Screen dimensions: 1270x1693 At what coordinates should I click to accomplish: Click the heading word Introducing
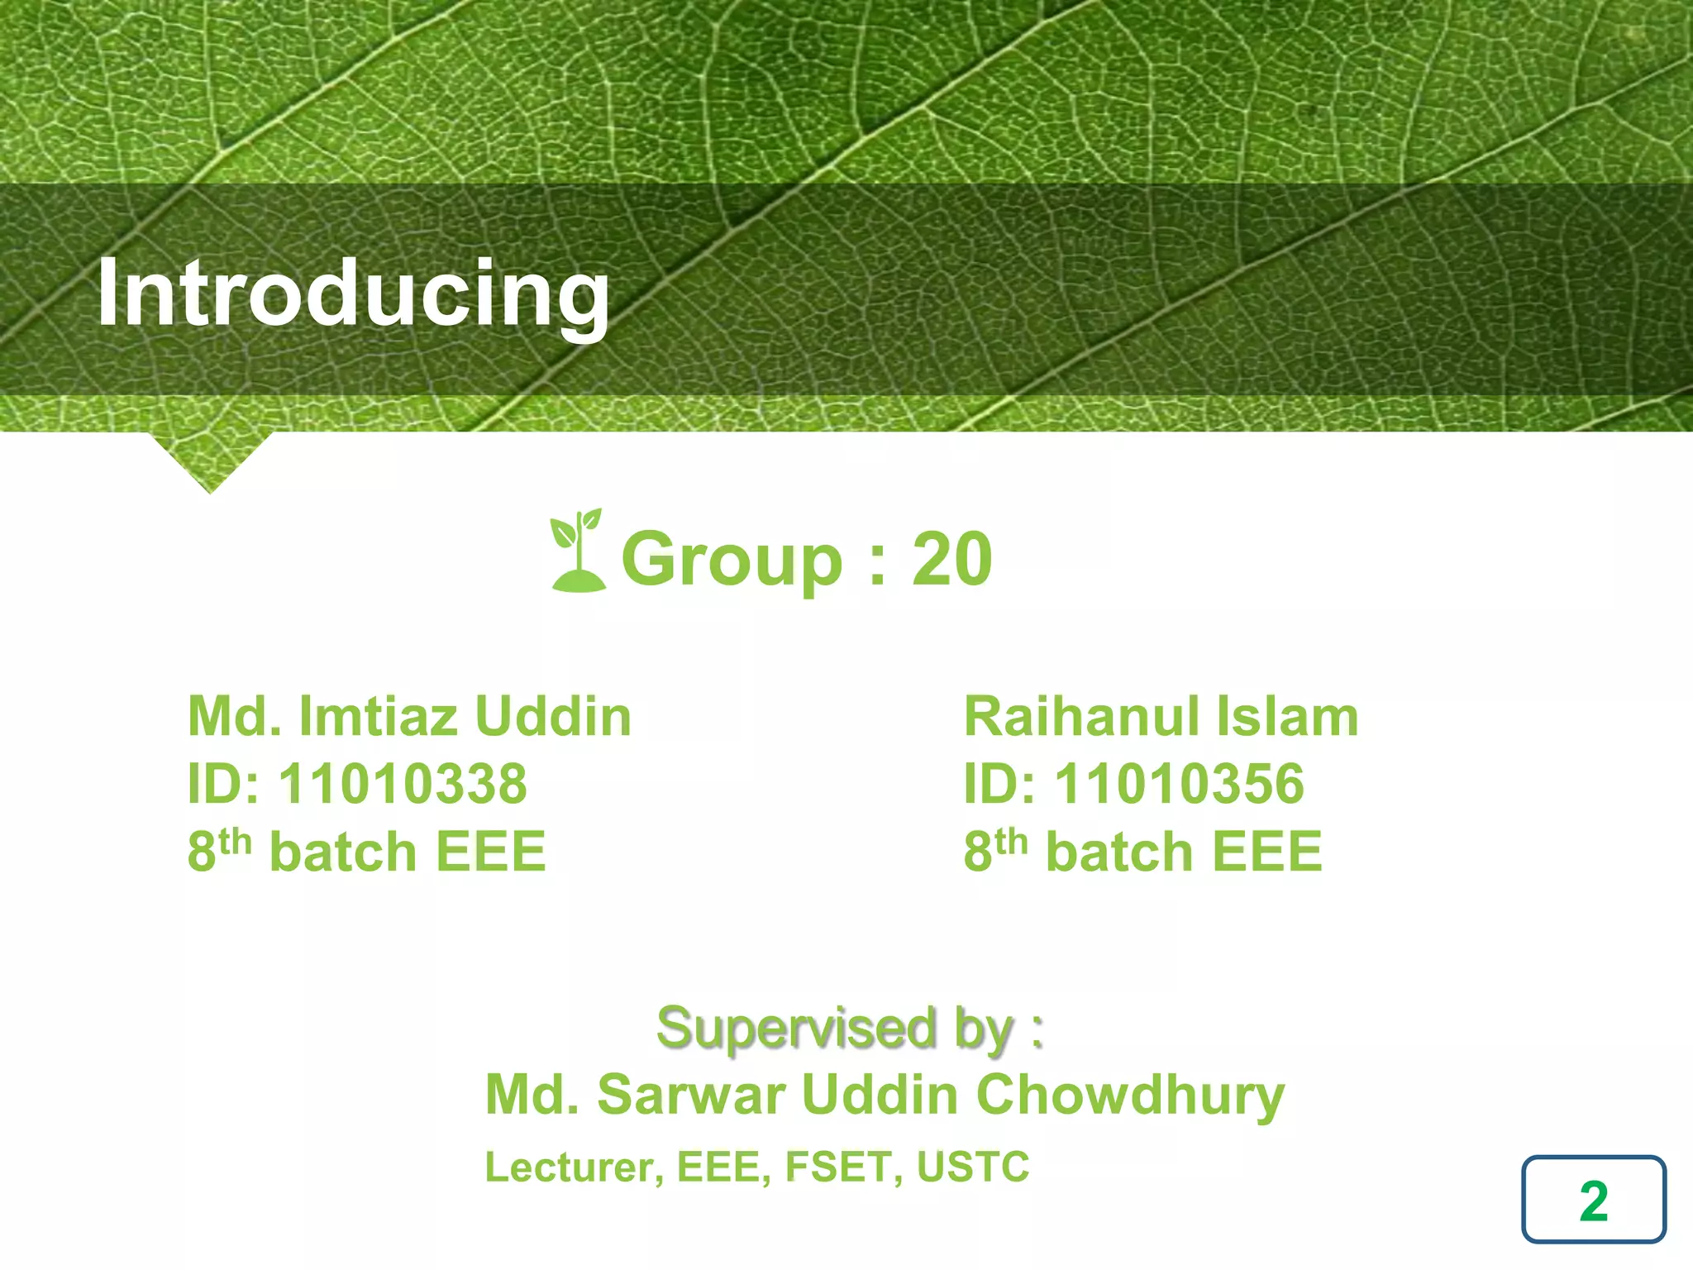[353, 294]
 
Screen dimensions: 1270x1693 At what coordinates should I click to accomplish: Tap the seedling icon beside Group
[578, 551]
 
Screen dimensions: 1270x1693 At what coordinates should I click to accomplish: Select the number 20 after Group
[951, 560]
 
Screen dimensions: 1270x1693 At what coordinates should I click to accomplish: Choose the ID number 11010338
[403, 784]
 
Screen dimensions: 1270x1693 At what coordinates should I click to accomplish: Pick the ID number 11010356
[1179, 784]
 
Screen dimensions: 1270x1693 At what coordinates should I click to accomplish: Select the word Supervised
[797, 1029]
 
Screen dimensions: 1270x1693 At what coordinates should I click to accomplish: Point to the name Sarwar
[690, 1095]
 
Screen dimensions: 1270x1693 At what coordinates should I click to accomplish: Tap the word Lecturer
[573, 1167]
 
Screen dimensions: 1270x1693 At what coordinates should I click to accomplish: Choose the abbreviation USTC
[973, 1167]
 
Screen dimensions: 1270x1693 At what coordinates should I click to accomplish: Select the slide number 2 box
[1593, 1200]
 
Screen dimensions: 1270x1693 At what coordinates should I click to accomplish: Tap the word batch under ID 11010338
[343, 852]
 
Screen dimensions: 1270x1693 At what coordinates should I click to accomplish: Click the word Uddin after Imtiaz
[553, 716]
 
